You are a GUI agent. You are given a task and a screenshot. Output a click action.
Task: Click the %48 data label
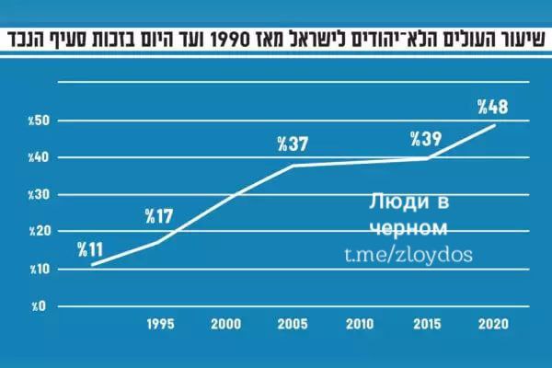493,107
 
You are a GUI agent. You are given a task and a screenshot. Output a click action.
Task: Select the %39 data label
426,139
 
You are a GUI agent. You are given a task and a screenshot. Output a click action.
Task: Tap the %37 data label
293,144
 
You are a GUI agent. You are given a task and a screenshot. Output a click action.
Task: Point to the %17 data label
159,216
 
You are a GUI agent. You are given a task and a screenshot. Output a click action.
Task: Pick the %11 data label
90,249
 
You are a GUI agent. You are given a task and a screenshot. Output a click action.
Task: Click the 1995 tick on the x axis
160,324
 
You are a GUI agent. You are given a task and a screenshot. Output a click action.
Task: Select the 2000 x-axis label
226,324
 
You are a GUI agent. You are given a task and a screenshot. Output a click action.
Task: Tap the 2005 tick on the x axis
293,324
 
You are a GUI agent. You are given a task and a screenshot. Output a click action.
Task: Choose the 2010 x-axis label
360,324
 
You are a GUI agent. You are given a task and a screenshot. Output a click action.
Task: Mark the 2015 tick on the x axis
427,324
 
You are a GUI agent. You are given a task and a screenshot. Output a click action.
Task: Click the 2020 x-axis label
493,324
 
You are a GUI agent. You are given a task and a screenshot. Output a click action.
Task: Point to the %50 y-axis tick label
39,121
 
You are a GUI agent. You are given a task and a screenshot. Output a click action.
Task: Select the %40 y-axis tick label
39,157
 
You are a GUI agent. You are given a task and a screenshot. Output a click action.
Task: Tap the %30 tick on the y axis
39,195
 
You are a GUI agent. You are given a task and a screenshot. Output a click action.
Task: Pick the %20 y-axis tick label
40,231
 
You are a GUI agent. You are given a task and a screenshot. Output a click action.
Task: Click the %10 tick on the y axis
40,270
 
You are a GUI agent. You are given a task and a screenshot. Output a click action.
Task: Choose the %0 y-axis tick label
39,306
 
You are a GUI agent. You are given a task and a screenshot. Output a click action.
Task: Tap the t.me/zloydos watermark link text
408,255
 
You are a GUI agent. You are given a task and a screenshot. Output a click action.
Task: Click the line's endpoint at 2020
495,125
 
